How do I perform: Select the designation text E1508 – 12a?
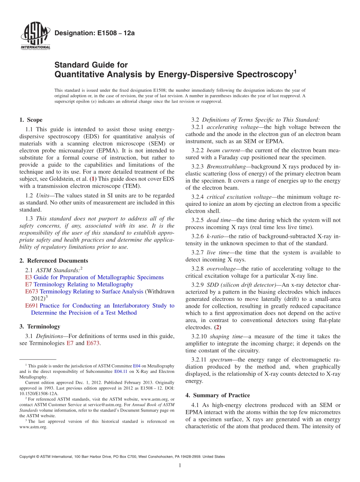[94, 33]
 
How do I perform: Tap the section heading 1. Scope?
[31, 120]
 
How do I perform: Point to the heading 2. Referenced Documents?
[53, 261]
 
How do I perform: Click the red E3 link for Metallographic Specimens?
[28, 277]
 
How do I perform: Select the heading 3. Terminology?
[39, 327]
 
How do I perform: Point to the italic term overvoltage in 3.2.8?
[221, 269]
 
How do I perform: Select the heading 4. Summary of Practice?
[218, 396]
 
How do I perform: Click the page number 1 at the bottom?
[180, 466]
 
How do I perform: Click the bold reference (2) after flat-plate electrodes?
[217, 327]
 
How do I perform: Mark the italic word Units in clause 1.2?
[43, 196]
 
